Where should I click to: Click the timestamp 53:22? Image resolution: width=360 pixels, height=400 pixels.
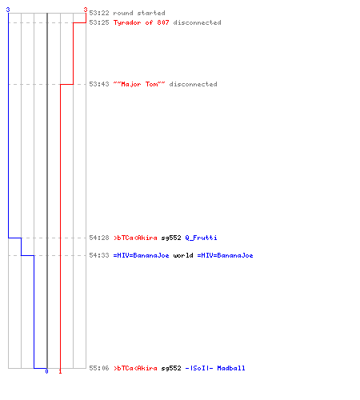[99, 13]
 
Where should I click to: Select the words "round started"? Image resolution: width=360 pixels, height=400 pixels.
[139, 13]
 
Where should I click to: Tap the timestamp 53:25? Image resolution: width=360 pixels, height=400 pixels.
[99, 22]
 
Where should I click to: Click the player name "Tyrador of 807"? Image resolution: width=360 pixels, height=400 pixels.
[142, 22]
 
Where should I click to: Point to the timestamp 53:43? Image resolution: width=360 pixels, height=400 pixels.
[99, 84]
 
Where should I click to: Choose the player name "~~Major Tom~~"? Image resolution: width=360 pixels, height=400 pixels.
[139, 84]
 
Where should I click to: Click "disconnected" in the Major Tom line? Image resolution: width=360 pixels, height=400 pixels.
[193, 84]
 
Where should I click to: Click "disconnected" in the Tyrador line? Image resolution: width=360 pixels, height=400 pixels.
[197, 22]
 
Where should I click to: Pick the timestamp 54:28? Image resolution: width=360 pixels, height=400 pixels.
[99, 238]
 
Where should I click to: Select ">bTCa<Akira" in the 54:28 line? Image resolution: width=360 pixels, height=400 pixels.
[135, 238]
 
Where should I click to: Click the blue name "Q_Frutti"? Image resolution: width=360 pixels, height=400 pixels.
[201, 238]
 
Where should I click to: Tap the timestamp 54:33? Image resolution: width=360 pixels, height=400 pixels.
[99, 255]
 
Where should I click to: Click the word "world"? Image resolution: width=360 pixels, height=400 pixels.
[183, 255]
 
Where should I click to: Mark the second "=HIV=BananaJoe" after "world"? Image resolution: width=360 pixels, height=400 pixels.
[225, 255]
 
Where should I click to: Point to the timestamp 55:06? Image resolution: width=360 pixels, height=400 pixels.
[99, 368]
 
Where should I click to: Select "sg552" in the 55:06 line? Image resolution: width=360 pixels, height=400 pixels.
[171, 368]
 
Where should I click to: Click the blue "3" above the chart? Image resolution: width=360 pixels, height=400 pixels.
[8, 10]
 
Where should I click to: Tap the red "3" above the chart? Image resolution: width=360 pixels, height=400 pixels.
[86, 10]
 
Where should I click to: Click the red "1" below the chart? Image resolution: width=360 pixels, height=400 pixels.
[60, 371]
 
